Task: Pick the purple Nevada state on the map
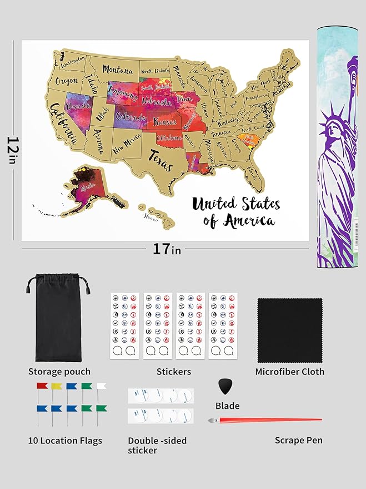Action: coord(77,108)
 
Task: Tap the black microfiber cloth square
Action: coord(289,330)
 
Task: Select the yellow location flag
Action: coord(55,386)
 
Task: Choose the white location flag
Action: coord(101,386)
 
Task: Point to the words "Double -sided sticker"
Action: coord(157,445)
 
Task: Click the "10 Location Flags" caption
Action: coord(65,441)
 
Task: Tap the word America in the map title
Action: coord(249,220)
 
